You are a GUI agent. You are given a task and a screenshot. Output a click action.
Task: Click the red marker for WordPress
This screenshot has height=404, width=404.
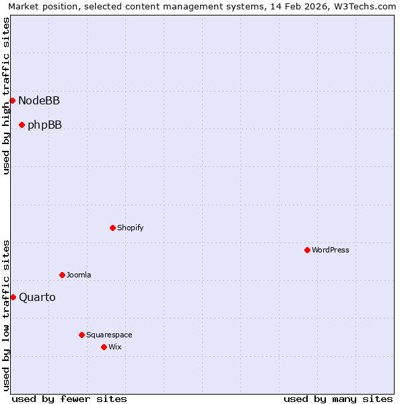(x=307, y=250)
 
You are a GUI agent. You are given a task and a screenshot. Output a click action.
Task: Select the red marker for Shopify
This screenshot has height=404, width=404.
(x=112, y=228)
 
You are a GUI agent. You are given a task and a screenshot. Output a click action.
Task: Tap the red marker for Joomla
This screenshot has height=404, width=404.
(x=62, y=275)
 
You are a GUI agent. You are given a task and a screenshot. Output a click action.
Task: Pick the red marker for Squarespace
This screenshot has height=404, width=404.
(x=81, y=335)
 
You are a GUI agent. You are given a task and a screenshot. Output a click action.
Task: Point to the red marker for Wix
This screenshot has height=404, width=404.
(x=104, y=347)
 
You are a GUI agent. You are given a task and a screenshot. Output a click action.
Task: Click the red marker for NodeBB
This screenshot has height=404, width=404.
(x=12, y=100)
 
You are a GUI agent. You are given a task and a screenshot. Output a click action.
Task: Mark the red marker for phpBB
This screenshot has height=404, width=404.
(x=22, y=125)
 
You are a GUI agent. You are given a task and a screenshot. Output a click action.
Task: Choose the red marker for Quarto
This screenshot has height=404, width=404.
(x=13, y=297)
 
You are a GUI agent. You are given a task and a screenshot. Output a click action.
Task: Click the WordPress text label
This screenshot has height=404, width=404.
(x=331, y=250)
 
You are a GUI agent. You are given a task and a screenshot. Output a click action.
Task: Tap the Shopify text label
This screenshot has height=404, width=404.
(x=131, y=228)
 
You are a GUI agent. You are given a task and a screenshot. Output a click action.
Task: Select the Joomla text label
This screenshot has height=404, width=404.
(x=79, y=275)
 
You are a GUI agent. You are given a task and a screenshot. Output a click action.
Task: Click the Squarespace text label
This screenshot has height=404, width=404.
(x=109, y=335)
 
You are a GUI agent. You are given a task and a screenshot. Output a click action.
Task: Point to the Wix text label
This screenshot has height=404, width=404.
(x=115, y=347)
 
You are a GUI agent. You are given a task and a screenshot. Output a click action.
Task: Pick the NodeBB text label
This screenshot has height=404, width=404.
(x=39, y=101)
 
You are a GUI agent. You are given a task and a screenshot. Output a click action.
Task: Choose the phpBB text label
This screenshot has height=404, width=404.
(x=44, y=125)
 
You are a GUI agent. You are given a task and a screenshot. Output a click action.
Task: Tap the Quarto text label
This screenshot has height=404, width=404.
(x=37, y=298)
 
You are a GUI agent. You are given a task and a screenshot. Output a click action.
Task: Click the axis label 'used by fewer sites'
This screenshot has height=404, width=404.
(x=69, y=399)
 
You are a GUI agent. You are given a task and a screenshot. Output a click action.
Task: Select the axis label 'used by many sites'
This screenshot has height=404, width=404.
(x=338, y=399)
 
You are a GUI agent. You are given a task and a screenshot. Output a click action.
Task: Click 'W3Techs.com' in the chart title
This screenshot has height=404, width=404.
(x=361, y=7)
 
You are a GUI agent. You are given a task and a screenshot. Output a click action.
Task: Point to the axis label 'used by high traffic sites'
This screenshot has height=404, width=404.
(x=7, y=96)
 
